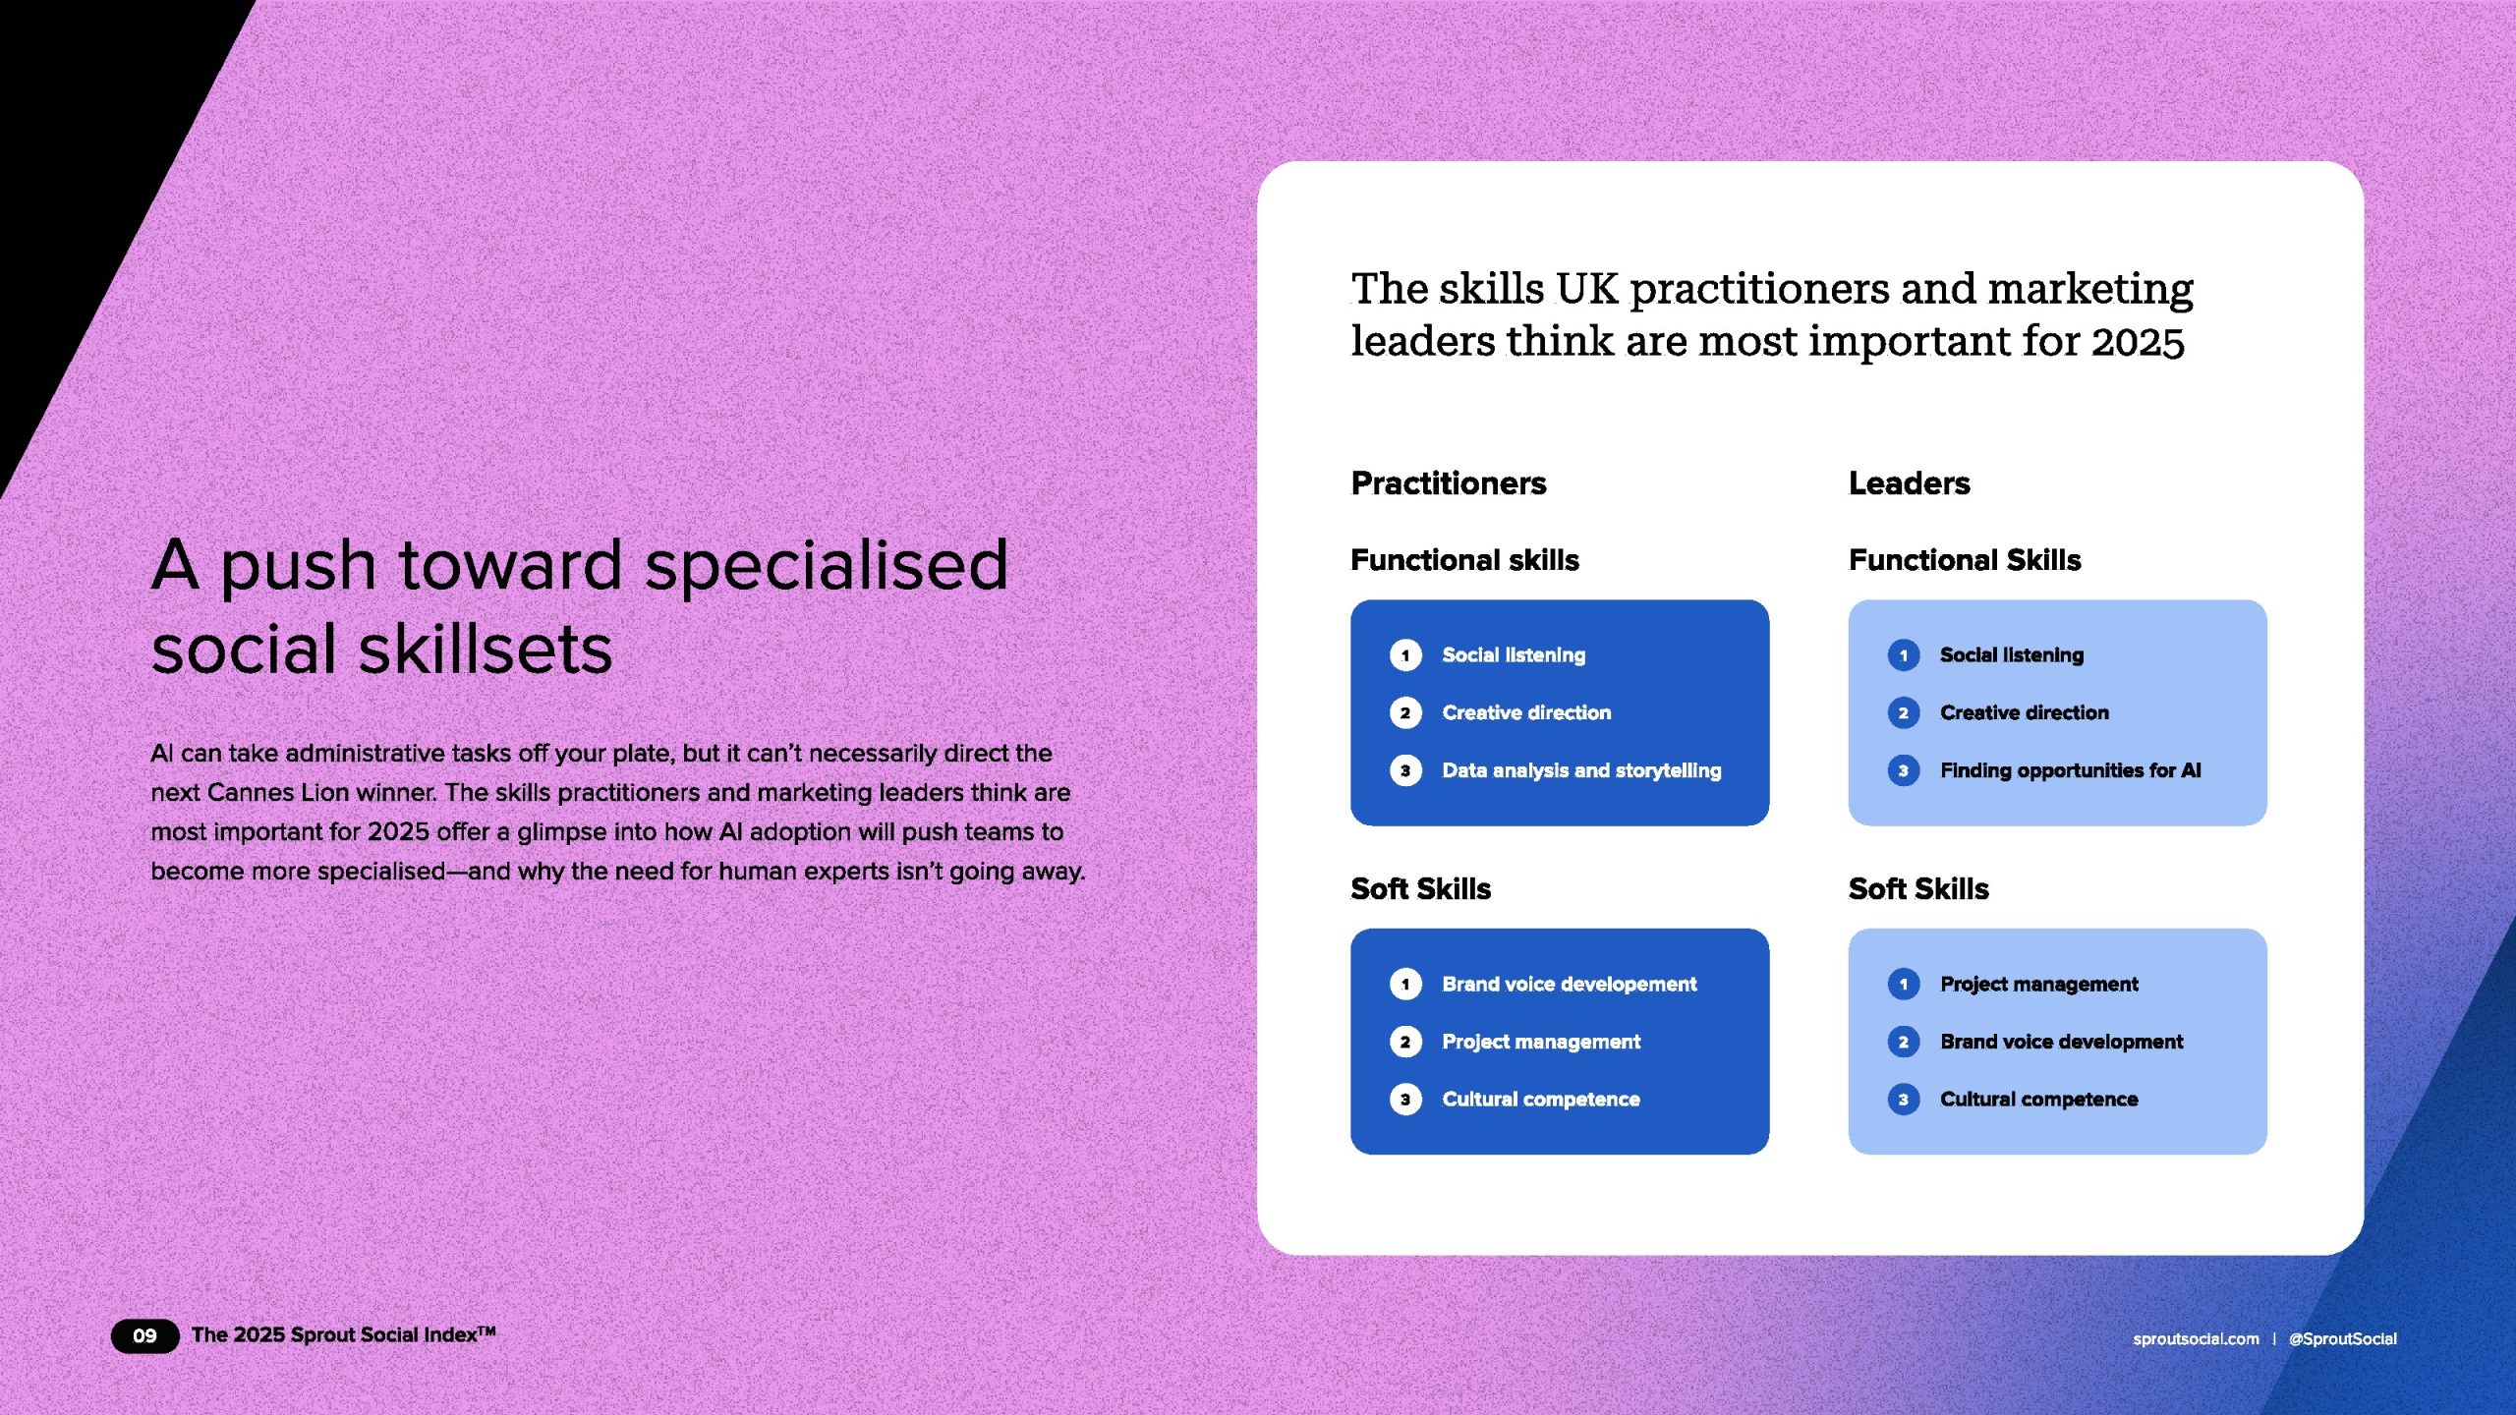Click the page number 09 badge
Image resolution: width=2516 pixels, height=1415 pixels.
(x=144, y=1335)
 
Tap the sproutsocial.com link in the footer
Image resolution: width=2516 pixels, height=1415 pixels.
(x=2196, y=1338)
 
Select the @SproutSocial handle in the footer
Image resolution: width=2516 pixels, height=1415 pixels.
(x=2343, y=1338)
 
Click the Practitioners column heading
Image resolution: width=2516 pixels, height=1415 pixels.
(x=1449, y=482)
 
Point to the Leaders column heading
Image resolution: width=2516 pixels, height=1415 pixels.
(x=1910, y=482)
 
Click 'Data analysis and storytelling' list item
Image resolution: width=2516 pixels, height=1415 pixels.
(x=1581, y=770)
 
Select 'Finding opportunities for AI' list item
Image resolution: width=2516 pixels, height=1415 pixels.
(x=2071, y=770)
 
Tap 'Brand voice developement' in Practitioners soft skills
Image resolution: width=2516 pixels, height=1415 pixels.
(x=1570, y=984)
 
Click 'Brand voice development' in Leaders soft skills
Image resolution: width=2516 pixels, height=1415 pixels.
(x=2062, y=1042)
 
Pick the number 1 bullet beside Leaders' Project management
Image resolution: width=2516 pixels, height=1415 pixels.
(x=1904, y=984)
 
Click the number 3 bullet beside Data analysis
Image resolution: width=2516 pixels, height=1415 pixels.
(x=1405, y=770)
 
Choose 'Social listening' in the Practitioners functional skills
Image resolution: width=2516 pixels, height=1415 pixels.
(x=1514, y=655)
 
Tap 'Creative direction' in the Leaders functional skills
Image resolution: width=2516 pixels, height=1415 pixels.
(x=2025, y=712)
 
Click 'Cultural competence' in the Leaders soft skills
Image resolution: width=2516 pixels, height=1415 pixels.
(x=2039, y=1100)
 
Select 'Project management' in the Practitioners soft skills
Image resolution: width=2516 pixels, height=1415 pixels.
(x=1541, y=1042)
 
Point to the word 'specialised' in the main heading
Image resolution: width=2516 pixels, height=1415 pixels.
(x=827, y=566)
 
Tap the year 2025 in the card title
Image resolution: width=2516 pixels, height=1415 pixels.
(x=2138, y=342)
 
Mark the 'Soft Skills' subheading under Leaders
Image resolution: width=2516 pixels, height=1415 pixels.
(x=1918, y=889)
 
